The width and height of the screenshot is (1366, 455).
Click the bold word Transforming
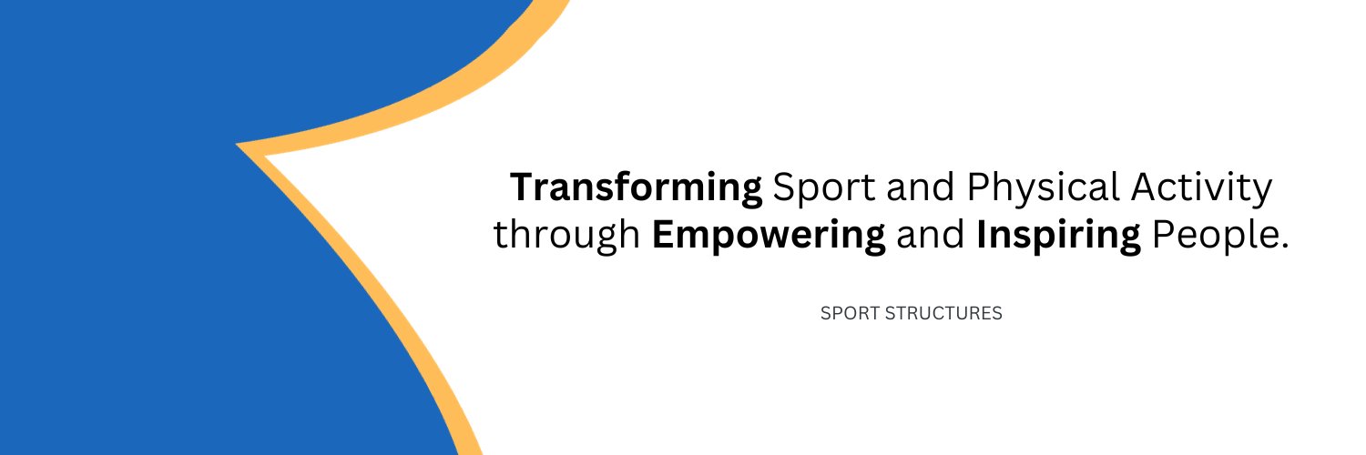(x=636, y=187)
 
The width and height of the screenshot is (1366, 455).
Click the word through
(x=566, y=236)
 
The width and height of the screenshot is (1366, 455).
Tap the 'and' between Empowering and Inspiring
(x=931, y=234)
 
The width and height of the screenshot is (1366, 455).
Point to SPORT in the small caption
(x=850, y=314)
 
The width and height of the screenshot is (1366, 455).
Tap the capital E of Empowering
(x=663, y=234)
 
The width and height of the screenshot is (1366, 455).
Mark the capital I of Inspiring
(x=982, y=234)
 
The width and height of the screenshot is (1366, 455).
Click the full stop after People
(x=1285, y=247)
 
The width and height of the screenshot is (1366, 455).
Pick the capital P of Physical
(x=979, y=187)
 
